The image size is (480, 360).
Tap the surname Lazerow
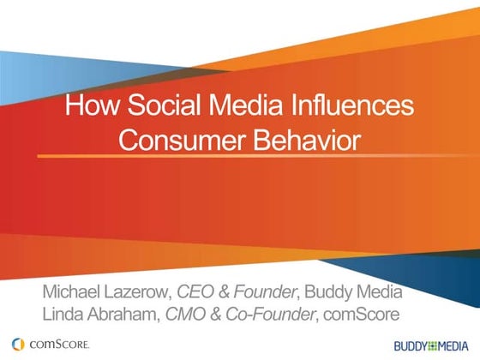[140, 290]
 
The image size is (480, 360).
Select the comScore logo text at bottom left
[57, 345]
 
